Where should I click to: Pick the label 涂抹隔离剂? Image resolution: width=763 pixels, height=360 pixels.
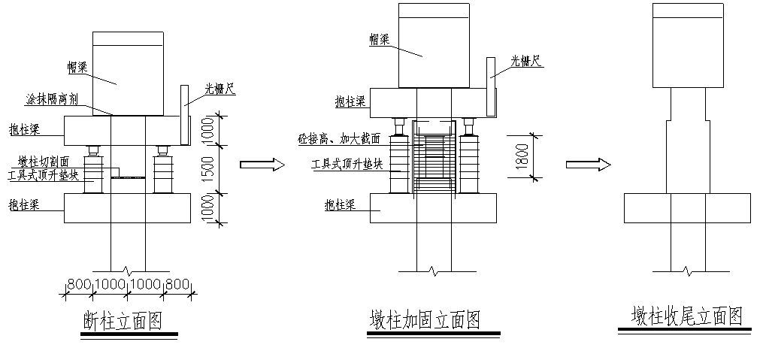(54, 99)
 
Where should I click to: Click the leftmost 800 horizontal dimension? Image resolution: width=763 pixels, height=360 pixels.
(79, 285)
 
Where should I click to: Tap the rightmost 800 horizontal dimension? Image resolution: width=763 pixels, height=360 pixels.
(177, 285)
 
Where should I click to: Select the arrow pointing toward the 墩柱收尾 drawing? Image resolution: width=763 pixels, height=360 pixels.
(587, 164)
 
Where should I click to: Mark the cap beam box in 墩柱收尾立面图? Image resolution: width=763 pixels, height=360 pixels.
(689, 45)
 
